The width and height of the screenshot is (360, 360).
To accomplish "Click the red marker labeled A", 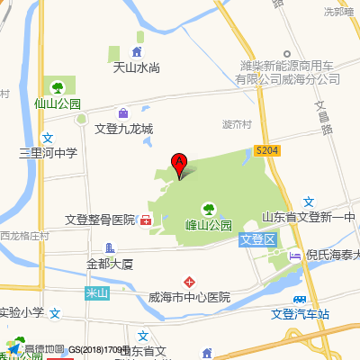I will coord(179,166).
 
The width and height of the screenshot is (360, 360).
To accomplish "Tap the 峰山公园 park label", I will coord(209,225).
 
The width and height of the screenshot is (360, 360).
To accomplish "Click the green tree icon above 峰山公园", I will coord(209,209).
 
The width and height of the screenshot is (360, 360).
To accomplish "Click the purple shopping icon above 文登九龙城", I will coord(123,113).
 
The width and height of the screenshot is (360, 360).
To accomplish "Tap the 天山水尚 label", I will coord(135,67).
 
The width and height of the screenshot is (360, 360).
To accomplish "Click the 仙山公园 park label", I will coord(57,103).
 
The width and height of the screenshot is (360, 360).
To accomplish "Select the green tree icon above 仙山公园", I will coord(58,87).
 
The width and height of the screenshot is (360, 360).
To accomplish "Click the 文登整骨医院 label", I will coord(99,220).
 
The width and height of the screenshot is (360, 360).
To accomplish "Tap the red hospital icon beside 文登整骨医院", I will coord(145,220).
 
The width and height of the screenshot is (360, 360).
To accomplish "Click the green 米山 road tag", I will coord(95,292).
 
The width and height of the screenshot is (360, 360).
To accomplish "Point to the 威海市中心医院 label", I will coord(189,297).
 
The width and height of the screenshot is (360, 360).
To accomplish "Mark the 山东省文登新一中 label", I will coord(310,217).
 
